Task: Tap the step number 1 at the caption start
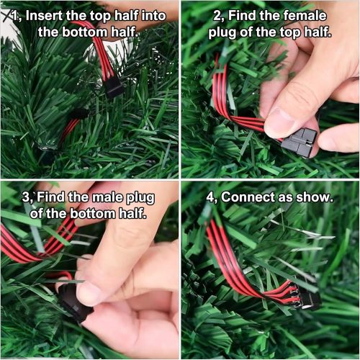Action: (21, 15)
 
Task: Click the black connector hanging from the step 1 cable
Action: (113, 87)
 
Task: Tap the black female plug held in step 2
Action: (299, 141)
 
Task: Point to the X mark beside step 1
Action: (8, 9)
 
